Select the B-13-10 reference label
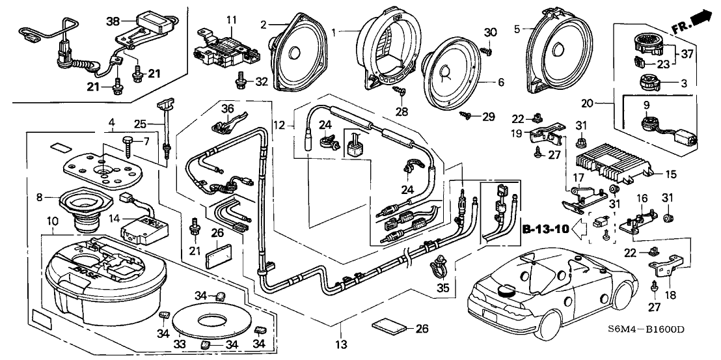click(x=545, y=229)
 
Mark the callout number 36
click(x=226, y=108)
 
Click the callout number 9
click(x=647, y=105)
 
